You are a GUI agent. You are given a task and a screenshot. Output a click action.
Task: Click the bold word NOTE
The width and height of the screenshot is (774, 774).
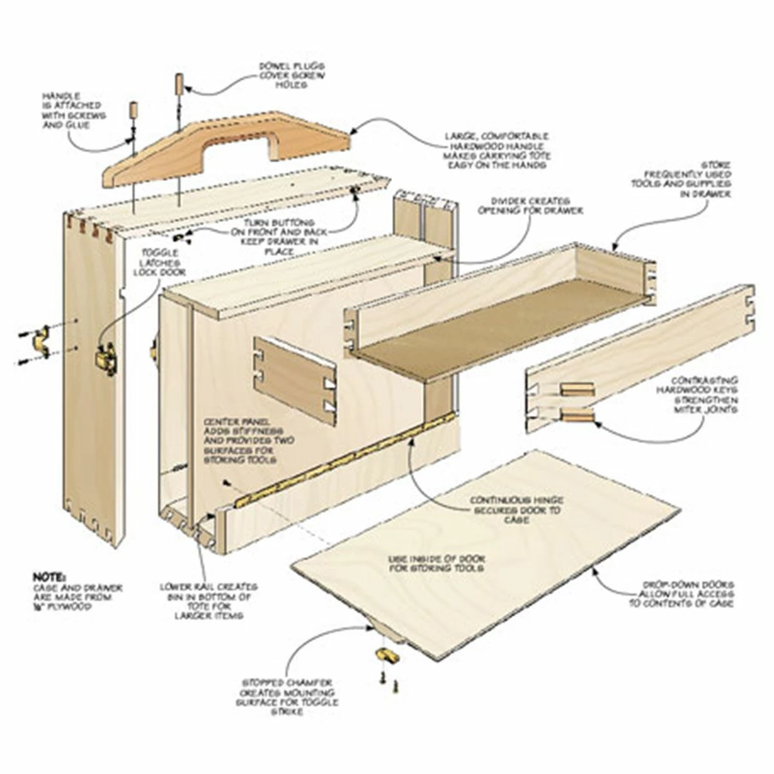point(49,576)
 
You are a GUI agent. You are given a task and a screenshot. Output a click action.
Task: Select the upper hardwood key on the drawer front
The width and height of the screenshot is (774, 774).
point(577,389)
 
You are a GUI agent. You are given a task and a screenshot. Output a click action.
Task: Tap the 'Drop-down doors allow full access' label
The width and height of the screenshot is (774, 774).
point(686,593)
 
